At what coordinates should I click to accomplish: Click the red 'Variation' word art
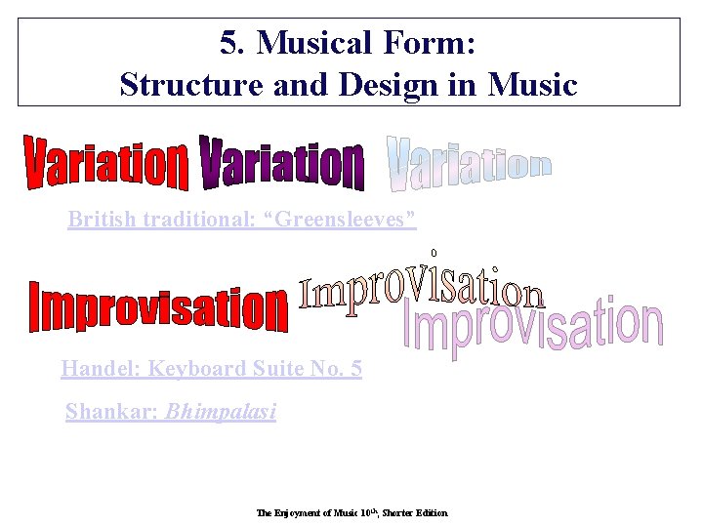105,165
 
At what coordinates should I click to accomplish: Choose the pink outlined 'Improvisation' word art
534,327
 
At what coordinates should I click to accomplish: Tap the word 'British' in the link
103,220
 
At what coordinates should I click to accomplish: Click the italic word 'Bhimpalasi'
221,412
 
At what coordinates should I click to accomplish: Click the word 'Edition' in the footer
430,512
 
